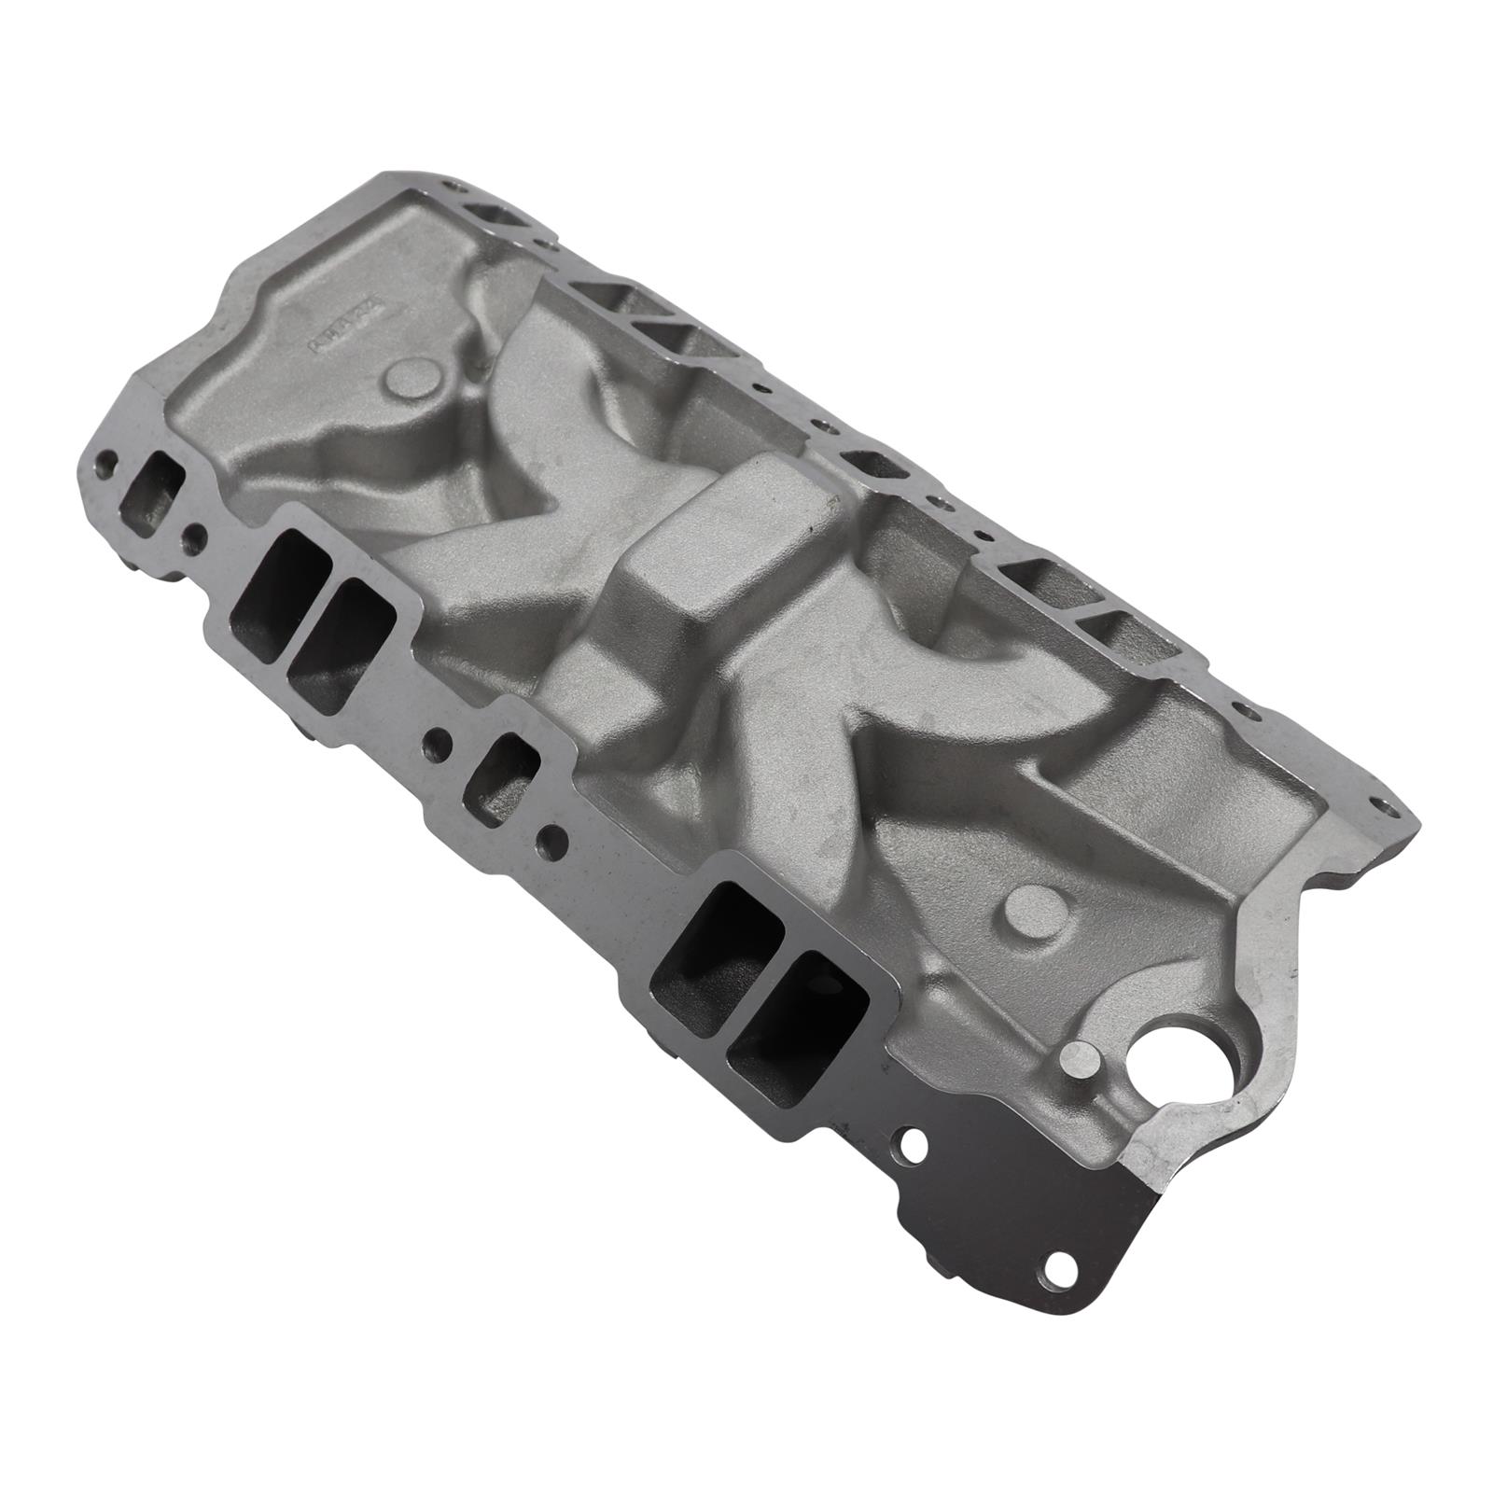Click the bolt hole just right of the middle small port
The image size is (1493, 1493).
pyautogui.click(x=558, y=837)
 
